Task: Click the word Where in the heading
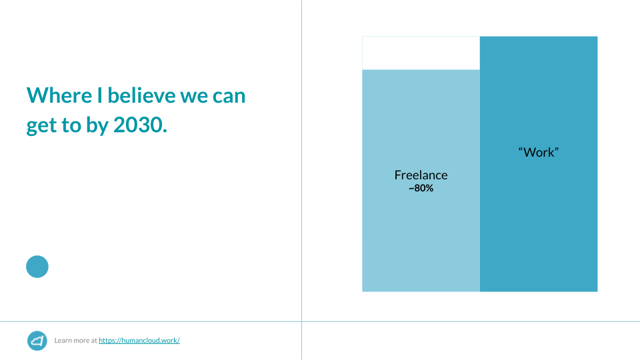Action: tap(59, 95)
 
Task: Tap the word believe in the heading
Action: tap(141, 95)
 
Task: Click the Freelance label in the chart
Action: tap(421, 175)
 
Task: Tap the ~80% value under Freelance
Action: tap(421, 188)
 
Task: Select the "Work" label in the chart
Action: tap(539, 152)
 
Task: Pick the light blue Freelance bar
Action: tap(421, 237)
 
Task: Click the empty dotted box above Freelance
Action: tap(421, 53)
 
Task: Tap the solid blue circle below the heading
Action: tap(37, 267)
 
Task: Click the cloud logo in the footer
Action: tap(37, 341)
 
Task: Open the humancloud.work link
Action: tap(139, 341)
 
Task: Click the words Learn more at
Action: tap(75, 341)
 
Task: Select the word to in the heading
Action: tap(71, 125)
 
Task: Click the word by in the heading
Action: tap(97, 125)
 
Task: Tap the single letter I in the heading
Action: tap(99, 95)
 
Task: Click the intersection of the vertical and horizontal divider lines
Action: tap(301, 321)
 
